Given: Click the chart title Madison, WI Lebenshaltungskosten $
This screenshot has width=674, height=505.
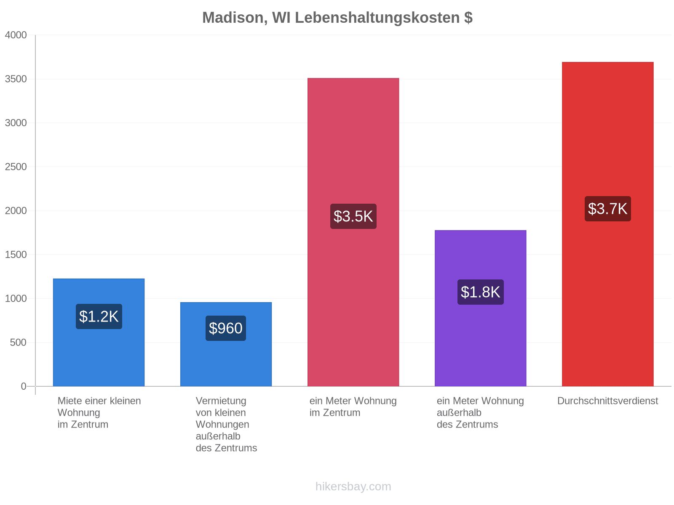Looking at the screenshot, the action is (337, 18).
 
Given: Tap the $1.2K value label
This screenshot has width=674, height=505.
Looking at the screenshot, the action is (99, 316).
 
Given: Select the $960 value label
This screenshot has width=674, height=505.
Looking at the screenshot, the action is (226, 328).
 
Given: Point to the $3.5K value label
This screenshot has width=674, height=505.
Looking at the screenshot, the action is (353, 216).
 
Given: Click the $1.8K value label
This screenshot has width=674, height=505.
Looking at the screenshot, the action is (481, 292).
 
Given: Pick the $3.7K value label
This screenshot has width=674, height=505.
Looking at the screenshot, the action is (608, 208).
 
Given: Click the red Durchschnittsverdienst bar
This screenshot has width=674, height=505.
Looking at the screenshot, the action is (608, 224).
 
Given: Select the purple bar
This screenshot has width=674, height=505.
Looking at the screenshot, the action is (481, 308).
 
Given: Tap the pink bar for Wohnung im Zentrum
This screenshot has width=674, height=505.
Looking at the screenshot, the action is (353, 232).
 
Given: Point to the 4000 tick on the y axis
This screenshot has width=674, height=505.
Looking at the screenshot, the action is (16, 35).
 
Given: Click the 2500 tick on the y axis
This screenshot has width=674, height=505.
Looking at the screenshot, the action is (16, 167).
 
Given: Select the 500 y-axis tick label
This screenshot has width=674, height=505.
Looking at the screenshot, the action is (18, 343).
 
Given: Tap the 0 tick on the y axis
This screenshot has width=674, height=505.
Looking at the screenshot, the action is (24, 386).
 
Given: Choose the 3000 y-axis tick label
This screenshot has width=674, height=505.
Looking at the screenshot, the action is (16, 123).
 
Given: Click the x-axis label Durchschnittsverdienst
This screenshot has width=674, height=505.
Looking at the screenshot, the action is (608, 401).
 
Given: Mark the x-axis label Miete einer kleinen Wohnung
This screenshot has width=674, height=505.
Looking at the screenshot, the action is (99, 407).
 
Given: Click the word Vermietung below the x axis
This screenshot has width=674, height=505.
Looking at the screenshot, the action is (221, 401).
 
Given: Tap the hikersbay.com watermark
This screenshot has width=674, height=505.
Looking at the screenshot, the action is (353, 486).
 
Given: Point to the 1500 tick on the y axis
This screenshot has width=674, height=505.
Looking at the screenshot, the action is (16, 255).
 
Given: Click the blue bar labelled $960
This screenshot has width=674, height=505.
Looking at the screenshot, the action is (226, 344).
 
